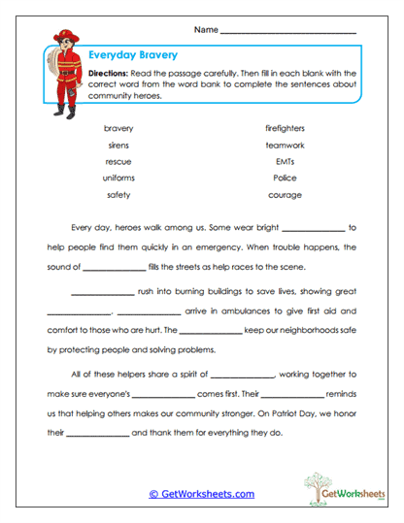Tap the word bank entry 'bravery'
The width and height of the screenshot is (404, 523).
[x=118, y=128]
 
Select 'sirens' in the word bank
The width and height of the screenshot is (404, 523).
[x=118, y=145]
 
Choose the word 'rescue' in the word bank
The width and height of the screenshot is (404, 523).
[x=118, y=161]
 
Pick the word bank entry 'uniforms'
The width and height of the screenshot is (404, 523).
[x=118, y=178]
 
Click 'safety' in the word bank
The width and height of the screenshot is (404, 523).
[x=118, y=195]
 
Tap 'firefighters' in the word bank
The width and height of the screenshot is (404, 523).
[x=285, y=128]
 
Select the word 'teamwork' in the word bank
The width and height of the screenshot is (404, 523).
[x=285, y=145]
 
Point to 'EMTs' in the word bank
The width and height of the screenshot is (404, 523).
[x=285, y=161]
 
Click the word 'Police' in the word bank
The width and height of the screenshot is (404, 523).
[x=285, y=178]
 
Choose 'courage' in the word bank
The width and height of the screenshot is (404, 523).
[x=285, y=195]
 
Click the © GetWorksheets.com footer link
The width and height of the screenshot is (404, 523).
[x=202, y=493]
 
